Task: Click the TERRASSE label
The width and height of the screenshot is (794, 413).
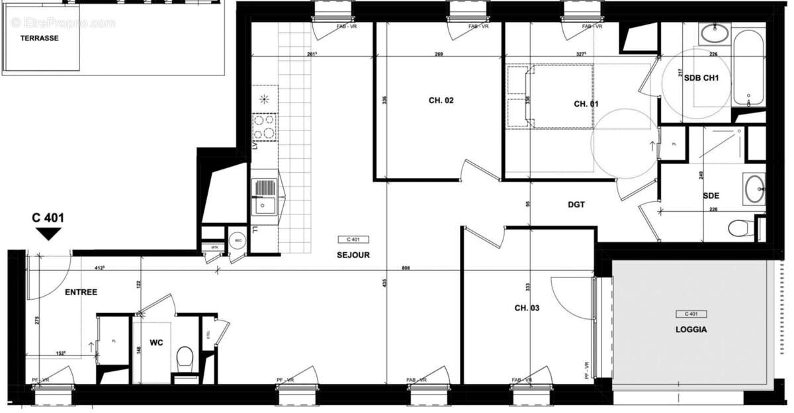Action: coord(39,38)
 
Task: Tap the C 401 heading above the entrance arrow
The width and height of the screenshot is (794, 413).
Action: coord(48,217)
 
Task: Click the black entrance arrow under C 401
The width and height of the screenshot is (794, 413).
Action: coord(48,234)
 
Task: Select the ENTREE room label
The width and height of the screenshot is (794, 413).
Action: coord(81,292)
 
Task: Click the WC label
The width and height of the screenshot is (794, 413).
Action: coord(156,343)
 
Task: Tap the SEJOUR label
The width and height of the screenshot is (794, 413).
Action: coord(353,255)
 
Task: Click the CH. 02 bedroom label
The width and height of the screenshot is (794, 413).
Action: coord(441,101)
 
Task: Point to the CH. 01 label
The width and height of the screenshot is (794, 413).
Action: coord(586,104)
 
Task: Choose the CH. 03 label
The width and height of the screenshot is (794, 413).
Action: coord(528,308)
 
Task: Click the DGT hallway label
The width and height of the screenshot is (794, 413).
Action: coord(576,205)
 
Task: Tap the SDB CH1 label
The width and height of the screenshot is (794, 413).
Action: coord(701,77)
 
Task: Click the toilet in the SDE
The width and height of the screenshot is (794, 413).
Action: coord(740,228)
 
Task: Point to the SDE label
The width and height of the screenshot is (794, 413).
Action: coord(711,196)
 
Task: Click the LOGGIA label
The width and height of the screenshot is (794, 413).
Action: coord(692,329)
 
